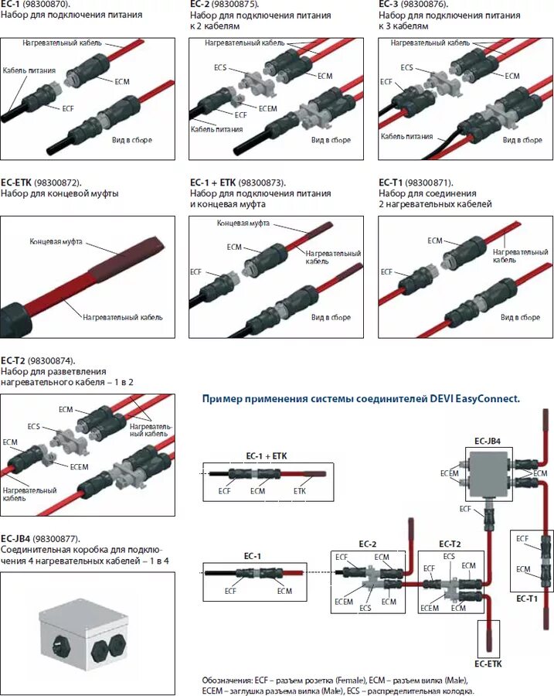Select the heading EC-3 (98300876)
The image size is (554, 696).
click(410, 5)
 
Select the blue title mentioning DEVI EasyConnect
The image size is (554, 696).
click(361, 399)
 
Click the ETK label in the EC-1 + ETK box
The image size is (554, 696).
click(300, 490)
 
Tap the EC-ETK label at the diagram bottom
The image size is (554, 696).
click(490, 664)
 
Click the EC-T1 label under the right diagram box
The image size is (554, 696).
click(527, 598)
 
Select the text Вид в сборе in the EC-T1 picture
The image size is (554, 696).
click(520, 318)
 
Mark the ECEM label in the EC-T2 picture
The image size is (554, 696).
click(79, 466)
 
